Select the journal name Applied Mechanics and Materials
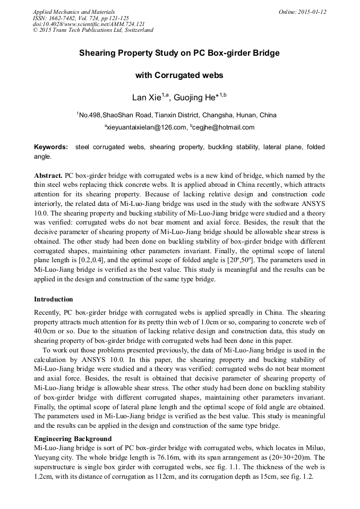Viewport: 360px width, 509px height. pyautogui.click(x=74, y=12)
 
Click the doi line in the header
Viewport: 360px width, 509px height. pyautogui.click(x=89, y=24)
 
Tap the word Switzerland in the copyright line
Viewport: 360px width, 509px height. pyautogui.click(x=138, y=30)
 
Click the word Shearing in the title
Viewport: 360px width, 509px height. pyautogui.click(x=97, y=54)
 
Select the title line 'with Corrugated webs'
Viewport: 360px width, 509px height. pyautogui.click(x=179, y=75)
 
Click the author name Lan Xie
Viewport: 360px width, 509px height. pyautogui.click(x=147, y=98)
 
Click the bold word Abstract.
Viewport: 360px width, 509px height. pyautogui.click(x=48, y=175)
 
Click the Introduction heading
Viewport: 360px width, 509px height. pyautogui.click(x=54, y=299)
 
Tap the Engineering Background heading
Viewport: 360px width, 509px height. pyautogui.click(x=73, y=438)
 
